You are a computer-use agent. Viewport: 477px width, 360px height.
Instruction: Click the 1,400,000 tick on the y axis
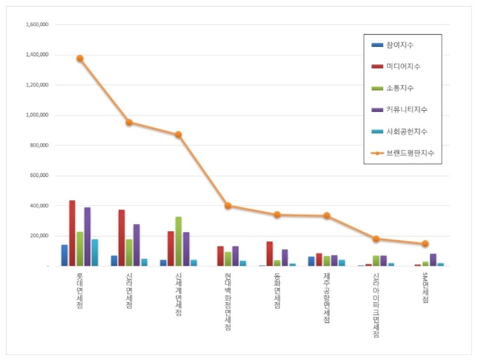click(36, 54)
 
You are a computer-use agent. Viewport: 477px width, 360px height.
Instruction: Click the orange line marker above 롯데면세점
click(79, 59)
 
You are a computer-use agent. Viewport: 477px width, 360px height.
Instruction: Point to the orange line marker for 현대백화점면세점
click(228, 206)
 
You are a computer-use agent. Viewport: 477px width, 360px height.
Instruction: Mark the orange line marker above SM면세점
click(425, 244)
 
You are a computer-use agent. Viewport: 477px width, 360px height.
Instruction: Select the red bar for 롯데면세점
click(72, 233)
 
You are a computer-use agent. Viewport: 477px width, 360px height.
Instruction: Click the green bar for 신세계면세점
click(179, 241)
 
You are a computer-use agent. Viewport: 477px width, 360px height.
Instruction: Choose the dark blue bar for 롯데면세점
click(64, 255)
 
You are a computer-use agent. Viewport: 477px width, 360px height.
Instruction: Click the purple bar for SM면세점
click(433, 260)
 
